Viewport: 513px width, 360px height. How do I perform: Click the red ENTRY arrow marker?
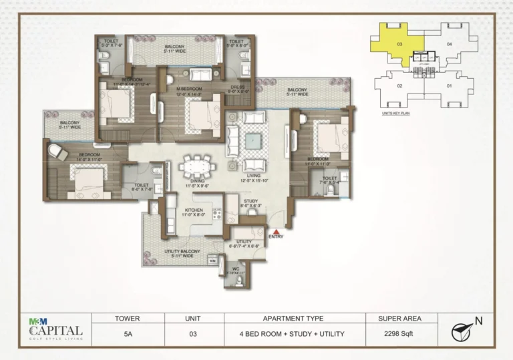click(x=276, y=231)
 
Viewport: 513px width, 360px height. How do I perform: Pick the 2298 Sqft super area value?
click(x=399, y=333)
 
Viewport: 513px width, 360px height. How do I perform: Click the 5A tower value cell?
click(x=127, y=333)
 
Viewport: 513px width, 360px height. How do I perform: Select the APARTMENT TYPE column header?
click(x=295, y=319)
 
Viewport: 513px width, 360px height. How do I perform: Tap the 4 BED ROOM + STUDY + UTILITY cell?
click(x=295, y=333)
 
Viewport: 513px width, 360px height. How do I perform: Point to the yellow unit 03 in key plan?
click(x=397, y=43)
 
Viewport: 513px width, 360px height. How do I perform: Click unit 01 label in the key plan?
click(x=449, y=86)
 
